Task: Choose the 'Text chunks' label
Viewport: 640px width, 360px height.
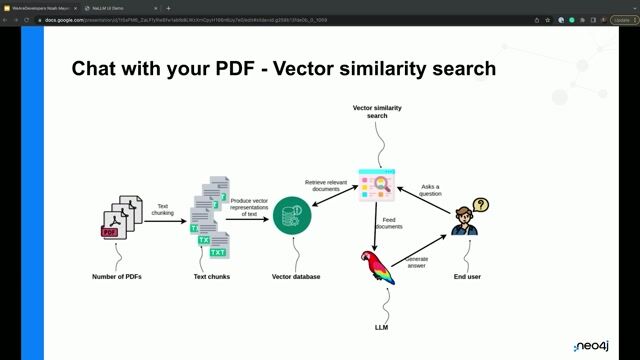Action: point(213,276)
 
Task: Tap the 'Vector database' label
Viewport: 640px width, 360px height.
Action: point(296,276)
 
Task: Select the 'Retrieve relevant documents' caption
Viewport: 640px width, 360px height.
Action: point(327,185)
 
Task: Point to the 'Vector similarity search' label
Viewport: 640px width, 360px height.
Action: point(377,111)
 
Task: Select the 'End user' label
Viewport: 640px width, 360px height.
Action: point(467,276)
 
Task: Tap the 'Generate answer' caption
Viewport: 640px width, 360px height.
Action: point(416,263)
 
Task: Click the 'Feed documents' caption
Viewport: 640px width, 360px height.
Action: point(388,223)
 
